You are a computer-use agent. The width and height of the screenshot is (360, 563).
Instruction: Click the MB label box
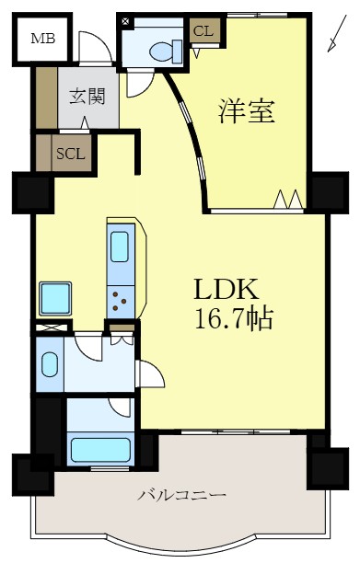42,38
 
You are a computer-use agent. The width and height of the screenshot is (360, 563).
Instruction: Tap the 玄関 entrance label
87,96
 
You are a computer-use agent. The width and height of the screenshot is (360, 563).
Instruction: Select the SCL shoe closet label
71,154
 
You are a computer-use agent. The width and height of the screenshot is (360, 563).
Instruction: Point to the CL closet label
203,31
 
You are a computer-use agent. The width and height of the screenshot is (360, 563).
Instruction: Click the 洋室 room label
248,111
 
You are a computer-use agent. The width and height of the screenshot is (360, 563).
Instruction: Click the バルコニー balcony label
181,494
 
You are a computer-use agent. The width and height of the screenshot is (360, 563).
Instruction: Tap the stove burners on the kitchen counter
120,298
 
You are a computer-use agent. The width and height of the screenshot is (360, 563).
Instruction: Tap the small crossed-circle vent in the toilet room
125,20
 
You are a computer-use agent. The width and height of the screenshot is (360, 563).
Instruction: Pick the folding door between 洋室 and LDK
288,199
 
